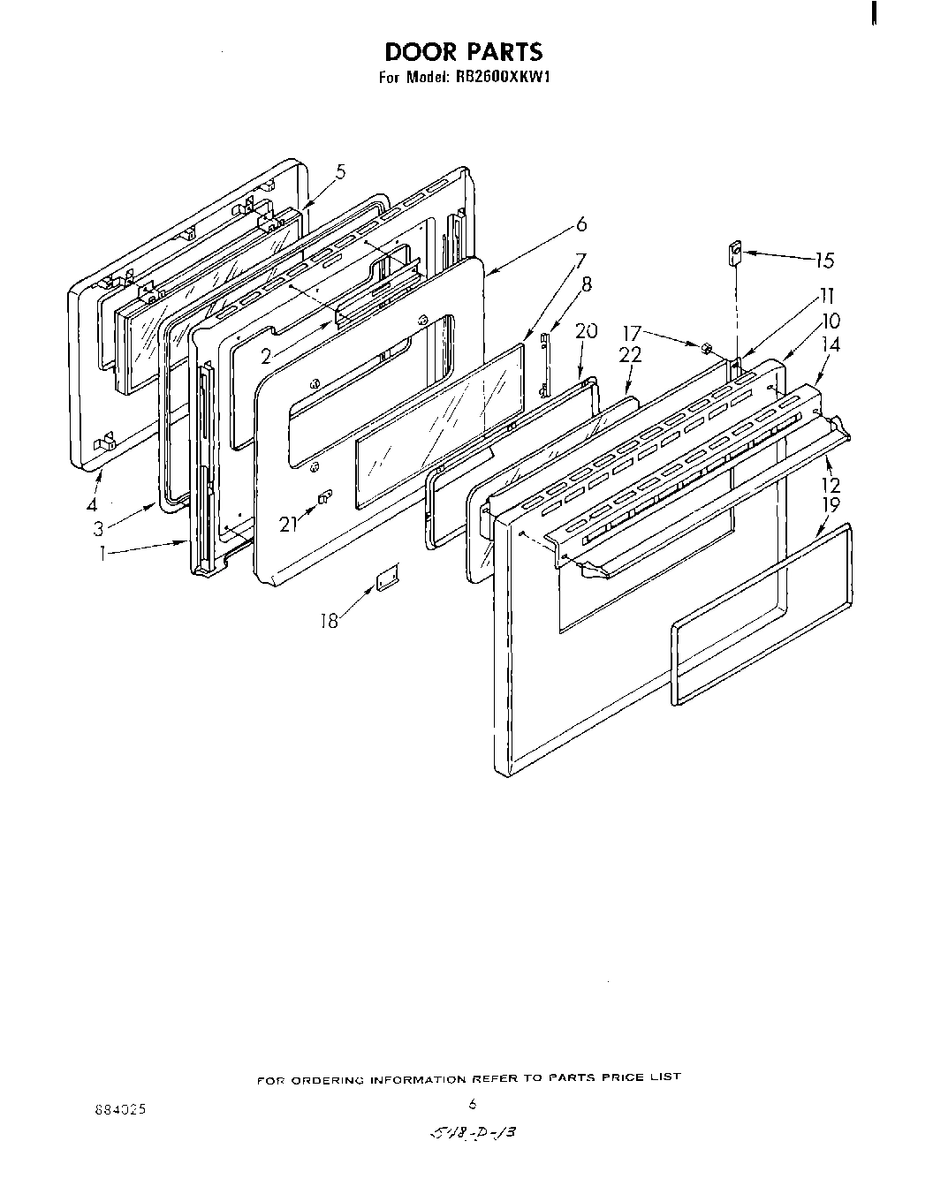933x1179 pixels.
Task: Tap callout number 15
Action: click(x=824, y=261)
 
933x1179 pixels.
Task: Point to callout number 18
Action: click(x=330, y=621)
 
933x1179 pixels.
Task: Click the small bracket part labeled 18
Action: click(x=385, y=579)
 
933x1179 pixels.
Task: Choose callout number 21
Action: click(x=288, y=524)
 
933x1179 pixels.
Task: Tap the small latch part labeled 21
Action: click(x=323, y=499)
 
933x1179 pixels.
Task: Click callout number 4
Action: click(x=91, y=506)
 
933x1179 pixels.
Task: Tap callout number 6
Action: click(x=580, y=224)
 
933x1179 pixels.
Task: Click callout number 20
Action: click(x=587, y=331)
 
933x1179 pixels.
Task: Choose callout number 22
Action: click(x=630, y=354)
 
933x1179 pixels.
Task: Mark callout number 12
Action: click(x=831, y=485)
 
